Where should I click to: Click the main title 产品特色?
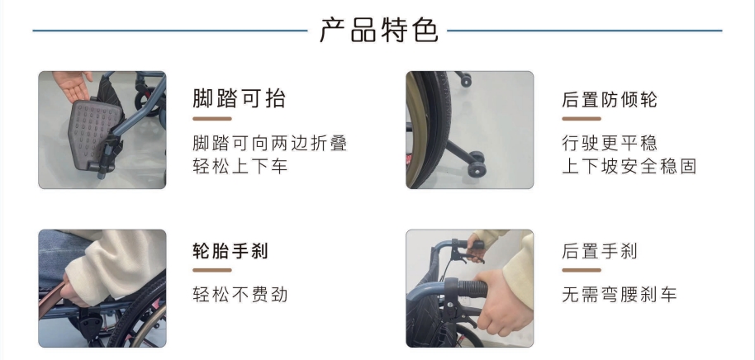click(x=379, y=31)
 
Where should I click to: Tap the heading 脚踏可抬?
click(x=240, y=98)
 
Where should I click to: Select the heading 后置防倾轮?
click(x=609, y=100)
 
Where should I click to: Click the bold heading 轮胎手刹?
click(x=230, y=251)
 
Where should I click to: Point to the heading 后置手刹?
click(x=600, y=251)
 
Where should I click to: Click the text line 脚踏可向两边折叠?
click(x=269, y=143)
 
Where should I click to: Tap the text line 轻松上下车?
click(x=240, y=166)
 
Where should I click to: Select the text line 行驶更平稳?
click(x=609, y=143)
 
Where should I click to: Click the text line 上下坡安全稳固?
click(x=629, y=166)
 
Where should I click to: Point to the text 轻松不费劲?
click(x=240, y=294)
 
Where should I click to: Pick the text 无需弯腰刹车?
click(x=620, y=294)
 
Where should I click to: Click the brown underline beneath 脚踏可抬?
click(x=211, y=118)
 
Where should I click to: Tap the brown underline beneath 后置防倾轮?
click(x=582, y=118)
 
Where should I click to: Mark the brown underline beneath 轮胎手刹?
click(x=211, y=270)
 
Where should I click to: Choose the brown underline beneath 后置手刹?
click(x=582, y=270)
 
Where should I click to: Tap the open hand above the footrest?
click(x=72, y=85)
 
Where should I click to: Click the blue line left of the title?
click(x=170, y=31)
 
